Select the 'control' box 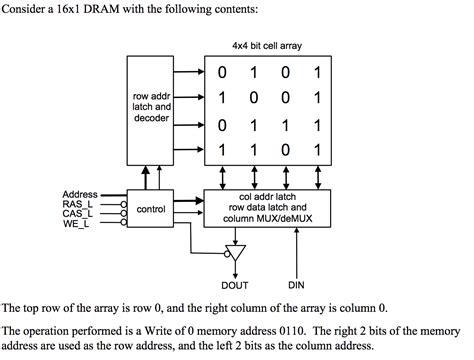(150, 209)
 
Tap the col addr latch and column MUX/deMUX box (265, 208)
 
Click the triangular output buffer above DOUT (236, 252)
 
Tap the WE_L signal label (78, 223)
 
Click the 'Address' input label (79, 193)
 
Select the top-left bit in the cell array (224, 73)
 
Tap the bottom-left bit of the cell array (224, 150)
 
